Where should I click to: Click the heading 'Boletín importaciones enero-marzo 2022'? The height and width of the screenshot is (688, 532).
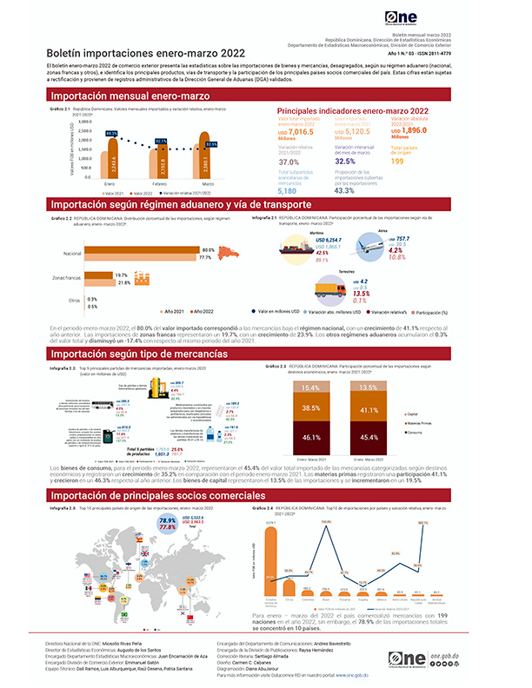point(135,54)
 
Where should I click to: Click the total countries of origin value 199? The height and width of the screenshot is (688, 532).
point(397,162)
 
